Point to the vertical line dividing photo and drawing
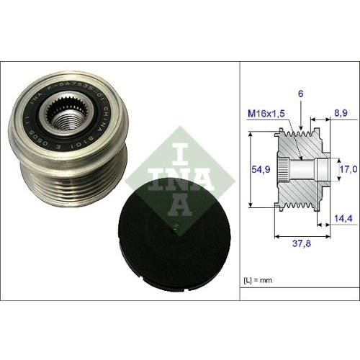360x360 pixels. [238, 180]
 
